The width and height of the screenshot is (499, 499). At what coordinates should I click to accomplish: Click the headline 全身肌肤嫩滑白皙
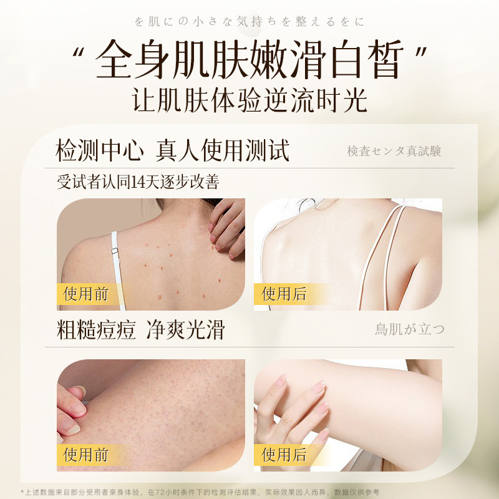click(x=249, y=60)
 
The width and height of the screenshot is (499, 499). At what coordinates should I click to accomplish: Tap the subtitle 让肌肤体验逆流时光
click(x=249, y=100)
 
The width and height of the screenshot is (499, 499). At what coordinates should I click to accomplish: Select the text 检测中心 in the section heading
click(x=100, y=150)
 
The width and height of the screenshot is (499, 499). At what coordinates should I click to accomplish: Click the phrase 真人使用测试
click(x=222, y=150)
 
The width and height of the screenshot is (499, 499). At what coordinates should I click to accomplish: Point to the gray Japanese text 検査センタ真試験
click(x=394, y=151)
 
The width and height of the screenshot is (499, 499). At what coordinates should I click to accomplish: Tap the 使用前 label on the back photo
click(x=86, y=294)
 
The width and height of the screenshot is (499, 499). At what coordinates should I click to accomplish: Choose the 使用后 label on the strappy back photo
click(x=284, y=294)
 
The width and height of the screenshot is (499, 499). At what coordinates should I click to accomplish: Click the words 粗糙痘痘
click(x=96, y=330)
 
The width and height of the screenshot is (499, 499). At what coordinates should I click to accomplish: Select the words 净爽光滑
click(x=185, y=330)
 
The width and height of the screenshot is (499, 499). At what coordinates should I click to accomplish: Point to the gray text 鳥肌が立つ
click(x=410, y=329)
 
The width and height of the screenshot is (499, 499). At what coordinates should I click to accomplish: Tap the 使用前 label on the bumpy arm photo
click(x=86, y=455)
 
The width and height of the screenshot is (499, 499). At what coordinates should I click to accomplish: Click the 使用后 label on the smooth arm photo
click(x=284, y=455)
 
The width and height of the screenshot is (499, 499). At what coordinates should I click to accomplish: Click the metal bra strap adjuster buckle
click(x=115, y=251)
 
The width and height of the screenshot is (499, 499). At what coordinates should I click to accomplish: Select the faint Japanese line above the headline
click(x=249, y=22)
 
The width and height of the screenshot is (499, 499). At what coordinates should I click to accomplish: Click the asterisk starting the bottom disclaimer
click(x=22, y=492)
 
